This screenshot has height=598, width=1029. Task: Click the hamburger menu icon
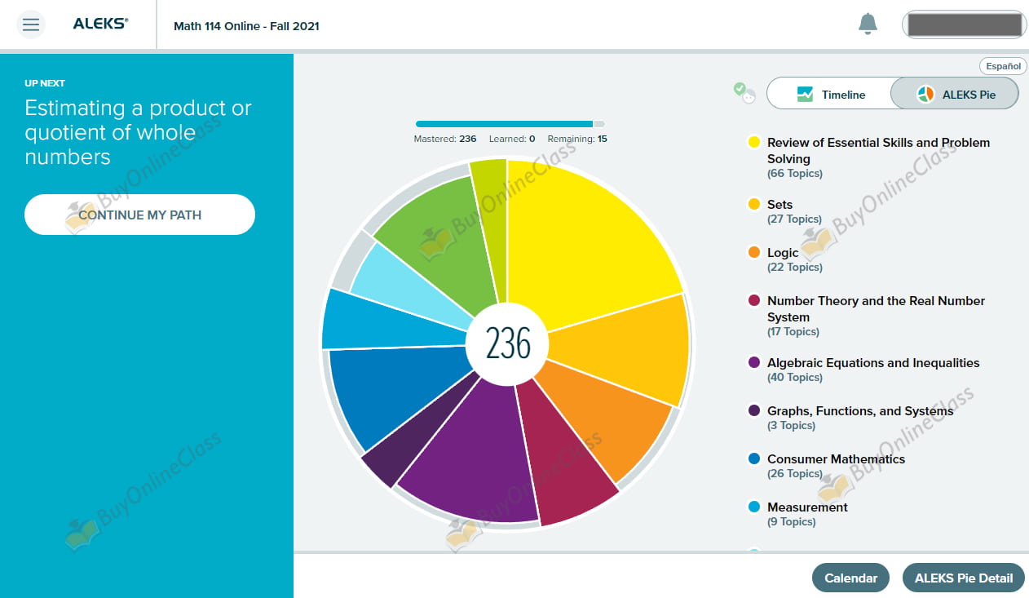point(31,24)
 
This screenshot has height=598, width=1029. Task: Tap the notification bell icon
point(868,24)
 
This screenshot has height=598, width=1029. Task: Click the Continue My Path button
point(139,215)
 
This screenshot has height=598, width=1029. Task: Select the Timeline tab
point(829,95)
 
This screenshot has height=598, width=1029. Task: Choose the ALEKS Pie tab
point(955,95)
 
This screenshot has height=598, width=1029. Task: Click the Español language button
point(1003,66)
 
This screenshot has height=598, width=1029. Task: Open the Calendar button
point(850,578)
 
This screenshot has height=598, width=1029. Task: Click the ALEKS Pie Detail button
point(963,578)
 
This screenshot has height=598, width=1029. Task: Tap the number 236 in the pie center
point(508,343)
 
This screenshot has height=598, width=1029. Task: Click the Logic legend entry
point(783,253)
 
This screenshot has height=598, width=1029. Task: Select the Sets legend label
point(779,205)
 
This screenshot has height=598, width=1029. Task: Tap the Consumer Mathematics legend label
point(836,459)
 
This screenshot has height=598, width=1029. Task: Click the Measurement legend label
point(807,507)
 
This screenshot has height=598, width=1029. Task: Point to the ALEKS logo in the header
point(100,24)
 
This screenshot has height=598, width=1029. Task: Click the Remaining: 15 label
point(577,139)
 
